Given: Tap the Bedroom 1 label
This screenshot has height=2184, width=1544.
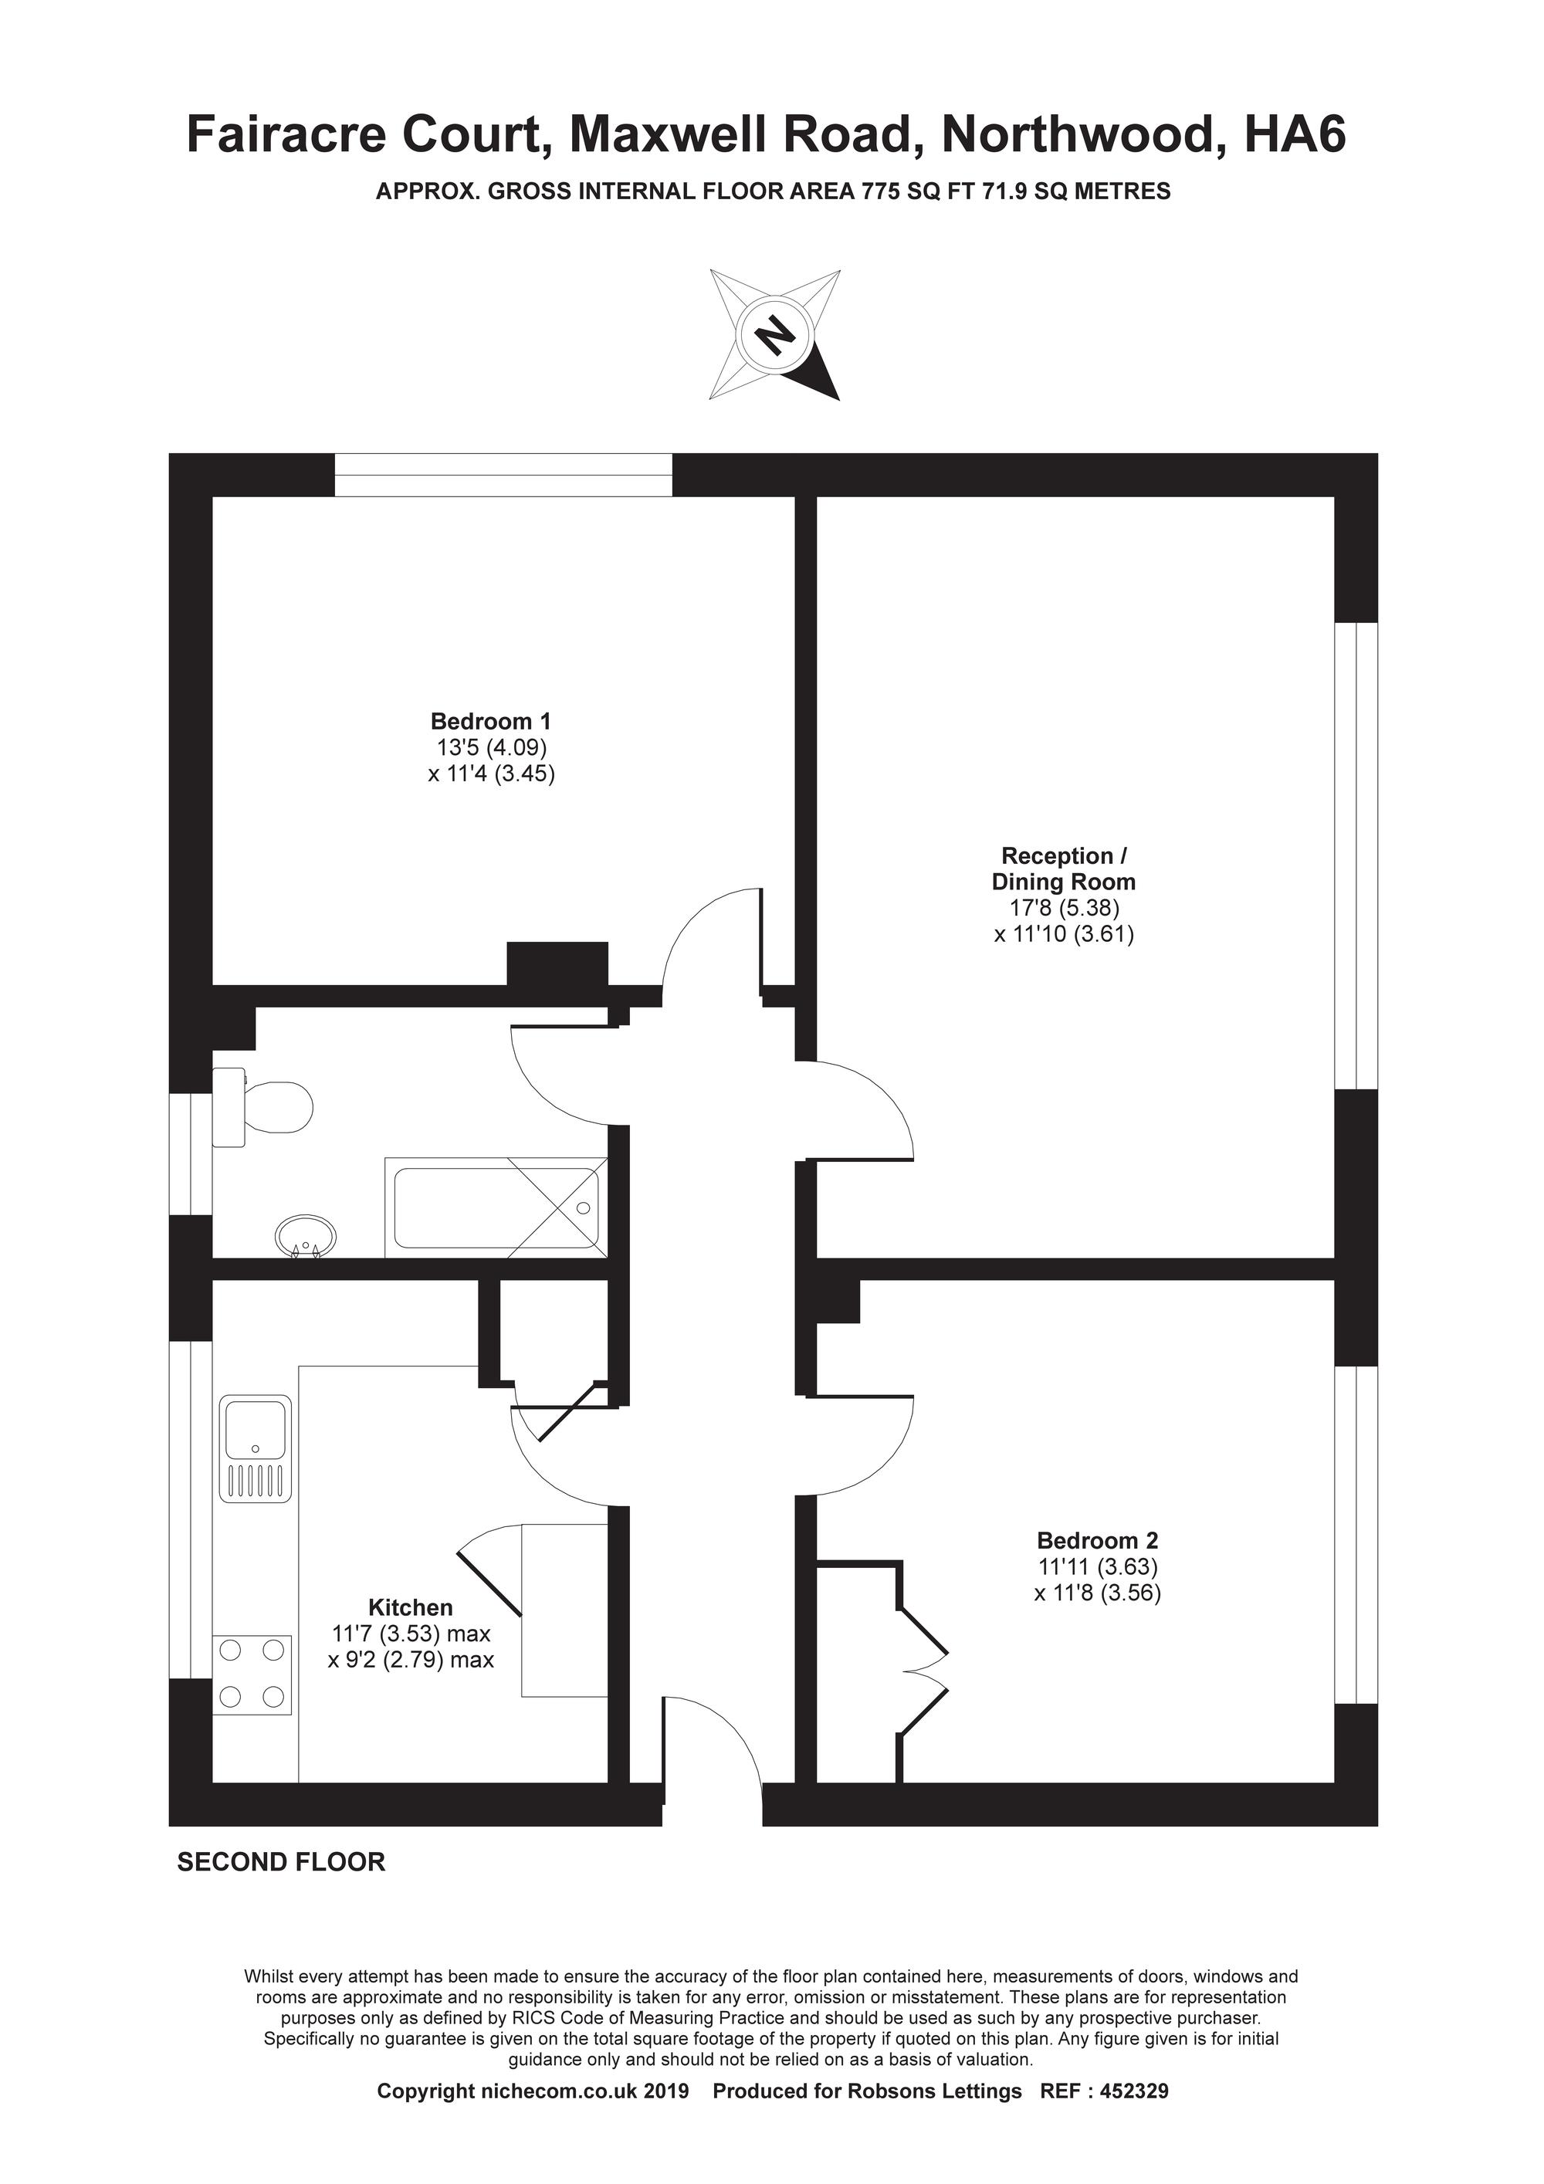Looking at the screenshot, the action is click(x=490, y=720).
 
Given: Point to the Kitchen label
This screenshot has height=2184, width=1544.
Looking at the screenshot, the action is click(x=410, y=1607).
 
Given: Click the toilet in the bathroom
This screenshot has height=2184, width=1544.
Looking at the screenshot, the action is click(x=262, y=1107).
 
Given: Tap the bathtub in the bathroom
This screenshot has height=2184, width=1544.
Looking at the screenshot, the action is click(x=495, y=1207).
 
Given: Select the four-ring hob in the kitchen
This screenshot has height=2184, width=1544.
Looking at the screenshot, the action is click(x=253, y=1674).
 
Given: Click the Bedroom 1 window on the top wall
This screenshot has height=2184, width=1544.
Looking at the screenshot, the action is click(x=503, y=475).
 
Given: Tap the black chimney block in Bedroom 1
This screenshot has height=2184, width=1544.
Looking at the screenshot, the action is click(x=557, y=963).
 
